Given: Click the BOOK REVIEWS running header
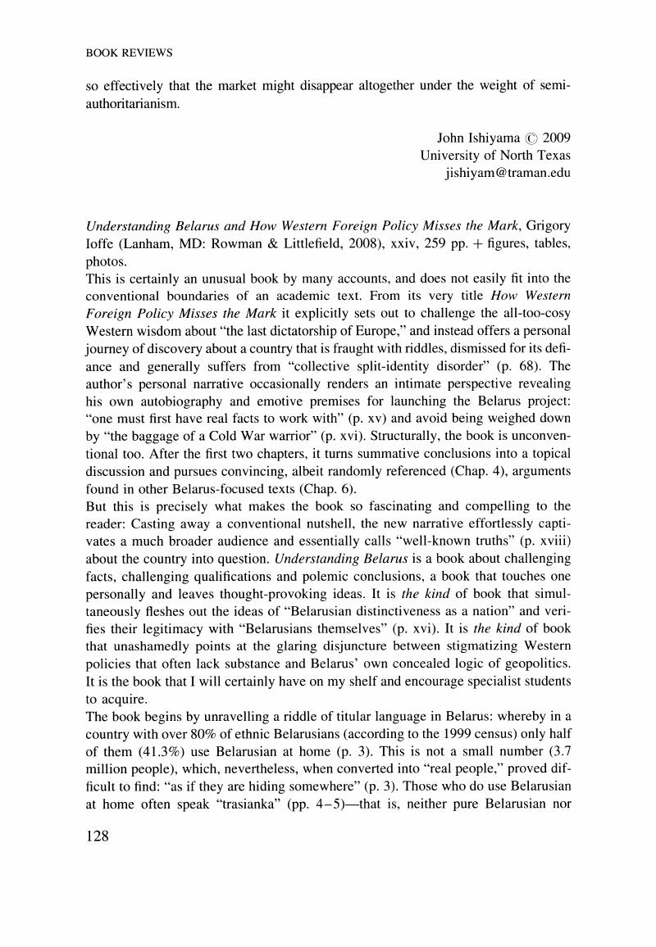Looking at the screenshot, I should pos(129,53).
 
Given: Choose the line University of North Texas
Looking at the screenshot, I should pos(495,156).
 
